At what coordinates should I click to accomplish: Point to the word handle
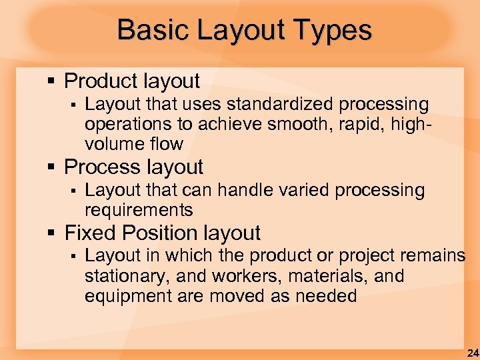(238, 190)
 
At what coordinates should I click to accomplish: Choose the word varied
(300, 190)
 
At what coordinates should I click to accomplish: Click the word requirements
(139, 211)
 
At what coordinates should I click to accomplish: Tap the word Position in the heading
(143, 233)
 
